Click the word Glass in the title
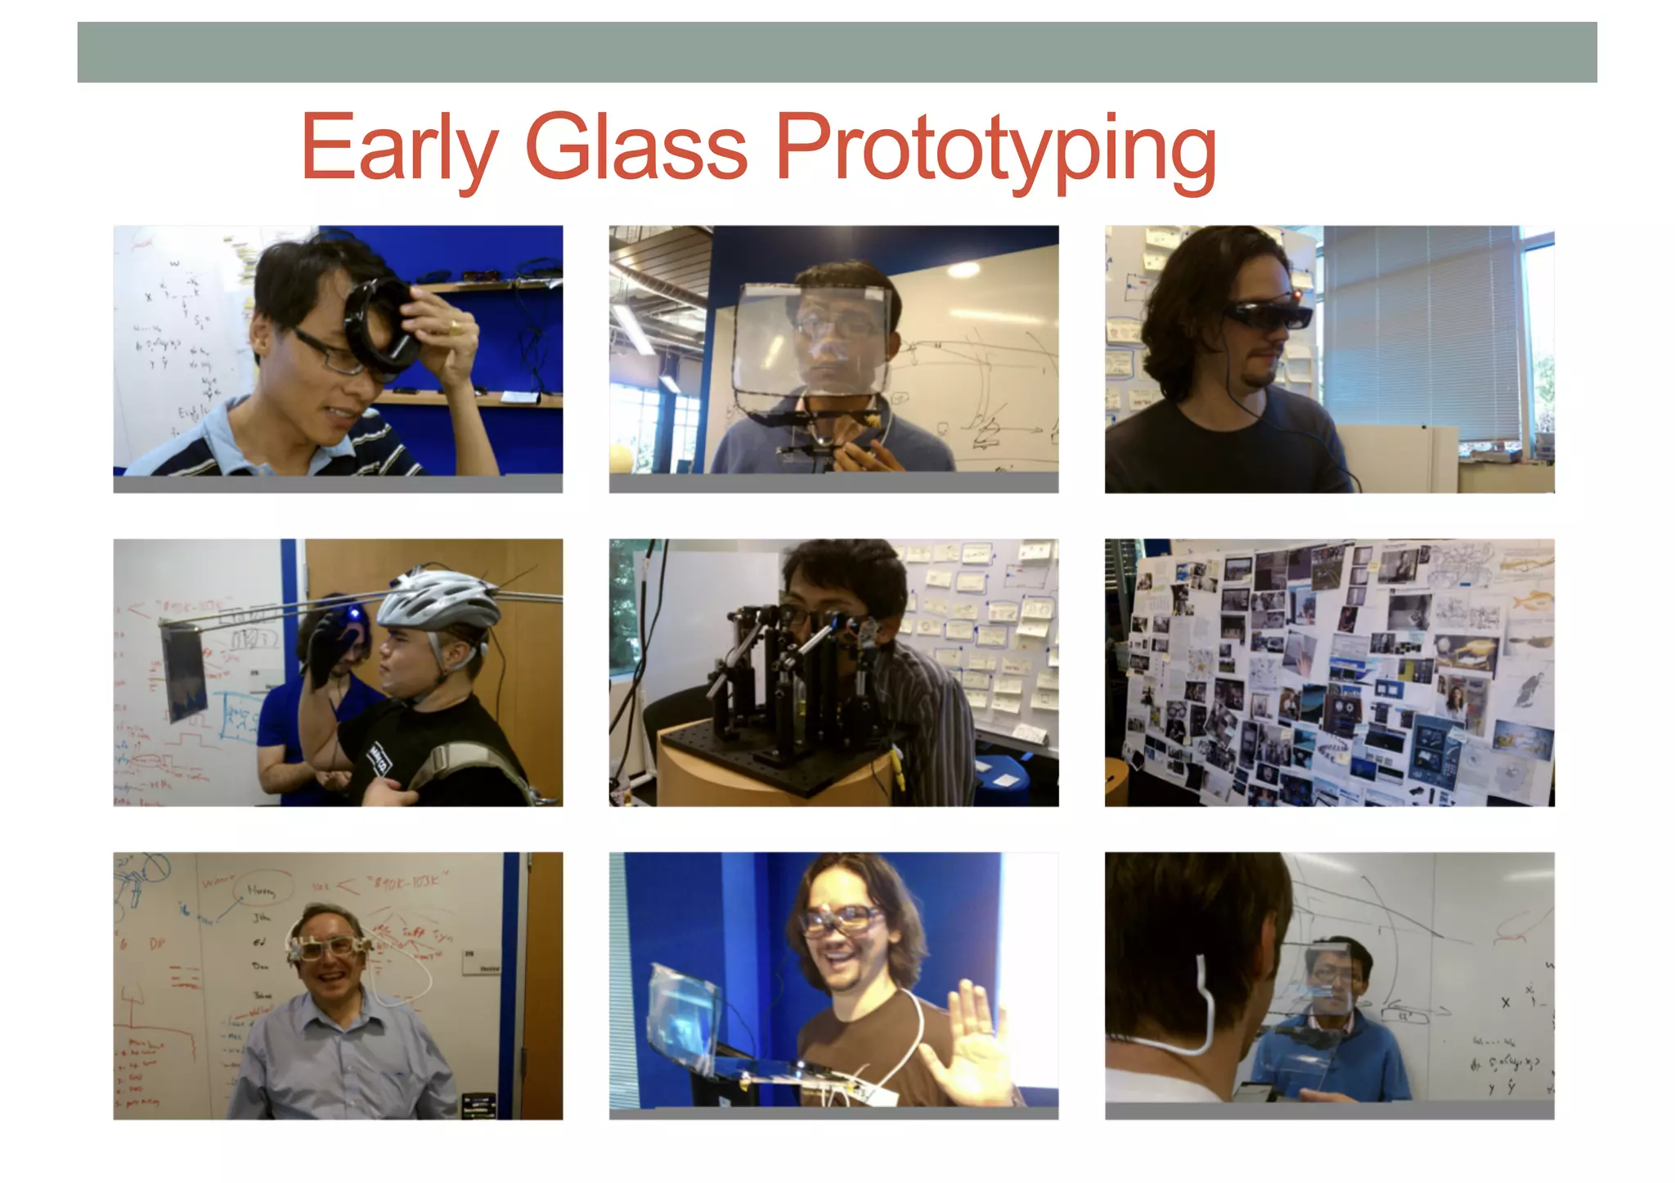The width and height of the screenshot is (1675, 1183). [636, 147]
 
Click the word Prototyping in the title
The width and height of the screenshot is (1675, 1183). [995, 149]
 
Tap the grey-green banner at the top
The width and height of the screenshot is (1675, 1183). [837, 52]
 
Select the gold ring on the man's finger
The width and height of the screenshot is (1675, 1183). [455, 327]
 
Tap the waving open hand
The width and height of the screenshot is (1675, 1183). [970, 1042]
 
